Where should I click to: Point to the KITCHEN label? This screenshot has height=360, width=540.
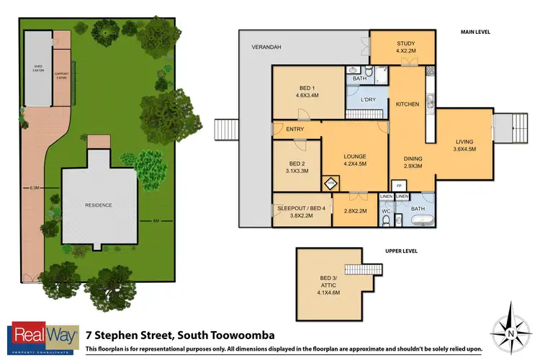tap(408, 104)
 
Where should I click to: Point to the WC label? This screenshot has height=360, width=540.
tap(386, 210)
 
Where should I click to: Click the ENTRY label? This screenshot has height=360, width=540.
tap(294, 129)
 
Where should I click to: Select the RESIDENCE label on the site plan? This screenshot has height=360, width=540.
tap(99, 204)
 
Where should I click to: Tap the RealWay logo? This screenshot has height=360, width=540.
tap(42, 337)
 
